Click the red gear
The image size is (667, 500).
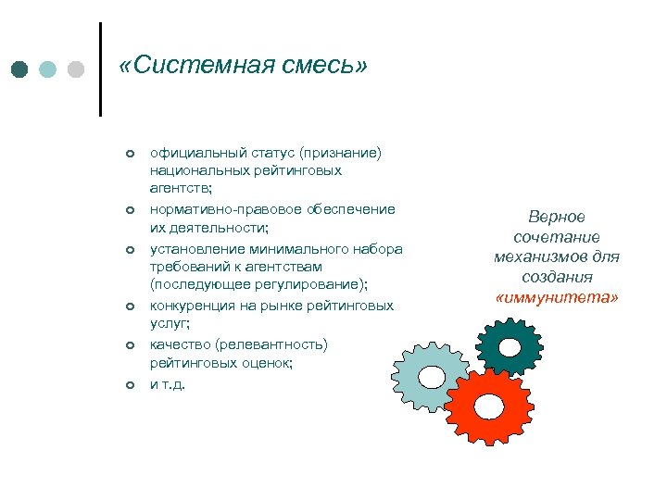coord(486,407)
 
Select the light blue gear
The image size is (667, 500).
coord(430,375)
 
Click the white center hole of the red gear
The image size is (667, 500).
coord(488,406)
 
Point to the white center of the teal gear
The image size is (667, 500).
coord(509,348)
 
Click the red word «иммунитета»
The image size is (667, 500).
coord(557,297)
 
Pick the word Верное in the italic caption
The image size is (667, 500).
coord(557,217)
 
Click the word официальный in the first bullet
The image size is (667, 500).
coord(195,151)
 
